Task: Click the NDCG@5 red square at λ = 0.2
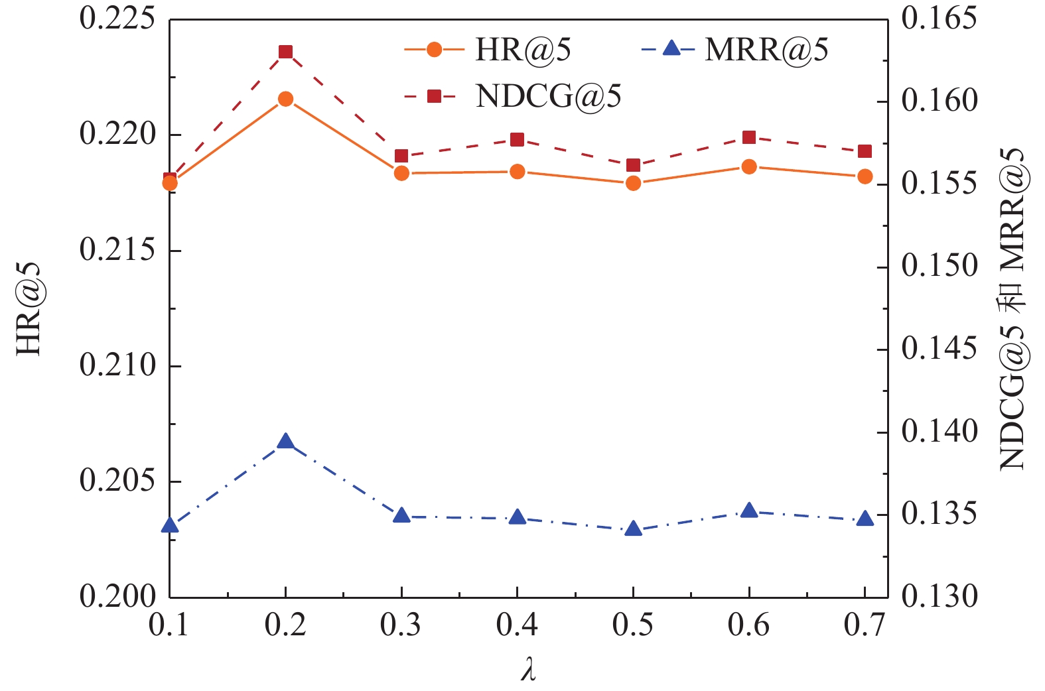[x=285, y=52]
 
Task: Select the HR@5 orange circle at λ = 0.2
[x=285, y=99]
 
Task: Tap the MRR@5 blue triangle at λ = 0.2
[x=285, y=442]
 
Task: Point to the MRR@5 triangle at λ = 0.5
[x=633, y=529]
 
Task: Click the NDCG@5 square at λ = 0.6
[x=749, y=137]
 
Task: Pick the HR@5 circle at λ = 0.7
[x=865, y=176]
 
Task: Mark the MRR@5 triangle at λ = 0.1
[x=170, y=525]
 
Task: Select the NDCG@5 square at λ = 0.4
[x=518, y=139]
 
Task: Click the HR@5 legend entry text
[x=523, y=50]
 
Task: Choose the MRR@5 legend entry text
[x=766, y=50]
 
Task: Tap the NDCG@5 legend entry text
[x=548, y=97]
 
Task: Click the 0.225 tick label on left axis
[x=117, y=19]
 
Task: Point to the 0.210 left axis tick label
[x=117, y=365]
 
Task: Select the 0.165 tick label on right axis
[x=940, y=19]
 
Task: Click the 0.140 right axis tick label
[x=940, y=432]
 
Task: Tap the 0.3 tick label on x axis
[x=401, y=625]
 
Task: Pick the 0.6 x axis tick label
[x=748, y=625]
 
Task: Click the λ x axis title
[x=528, y=669]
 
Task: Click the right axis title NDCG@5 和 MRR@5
[x=1013, y=308]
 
